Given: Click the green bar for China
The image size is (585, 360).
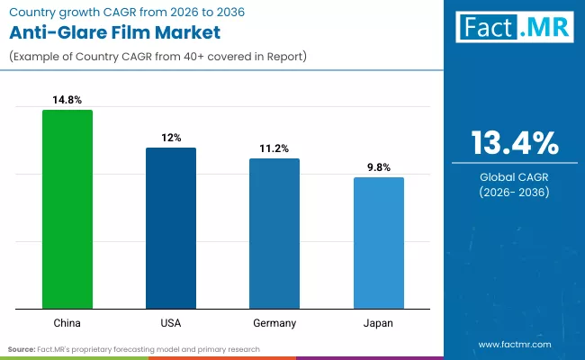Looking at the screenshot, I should [67, 208].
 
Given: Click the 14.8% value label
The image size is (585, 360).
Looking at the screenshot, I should [67, 100].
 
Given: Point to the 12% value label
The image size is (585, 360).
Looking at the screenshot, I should [171, 138].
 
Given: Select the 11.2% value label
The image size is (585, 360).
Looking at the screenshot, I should [274, 148].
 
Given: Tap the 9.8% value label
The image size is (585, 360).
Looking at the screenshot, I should [378, 167].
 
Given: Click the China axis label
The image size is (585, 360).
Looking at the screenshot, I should [67, 321].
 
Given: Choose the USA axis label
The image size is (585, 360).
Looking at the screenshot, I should [171, 321].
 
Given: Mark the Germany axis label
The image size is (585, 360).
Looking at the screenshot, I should [274, 321].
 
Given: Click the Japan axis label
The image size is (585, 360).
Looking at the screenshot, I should [378, 321].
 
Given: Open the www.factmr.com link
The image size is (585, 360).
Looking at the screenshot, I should [515, 345].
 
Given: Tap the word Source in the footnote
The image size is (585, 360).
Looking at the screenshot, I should [22, 348].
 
